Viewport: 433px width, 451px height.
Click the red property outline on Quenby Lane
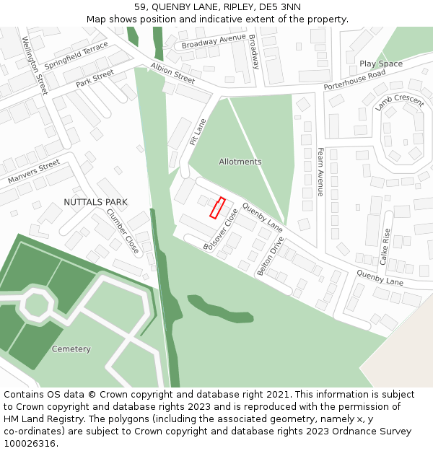(217, 208)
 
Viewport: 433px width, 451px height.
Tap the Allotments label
(240, 162)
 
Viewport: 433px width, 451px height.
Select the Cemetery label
(71, 349)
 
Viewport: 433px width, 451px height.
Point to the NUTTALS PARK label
(96, 202)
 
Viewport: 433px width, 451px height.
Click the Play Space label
(381, 64)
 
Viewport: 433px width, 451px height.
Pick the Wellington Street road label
(35, 66)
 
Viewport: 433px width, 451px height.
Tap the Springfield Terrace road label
(76, 55)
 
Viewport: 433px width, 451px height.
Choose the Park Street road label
(95, 79)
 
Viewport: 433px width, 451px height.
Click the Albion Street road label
(172, 73)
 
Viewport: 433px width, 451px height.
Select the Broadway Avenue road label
(214, 43)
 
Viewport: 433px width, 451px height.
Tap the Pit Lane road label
(198, 132)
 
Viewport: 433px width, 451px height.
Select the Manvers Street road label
(34, 172)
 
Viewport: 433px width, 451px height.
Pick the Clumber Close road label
(123, 231)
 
